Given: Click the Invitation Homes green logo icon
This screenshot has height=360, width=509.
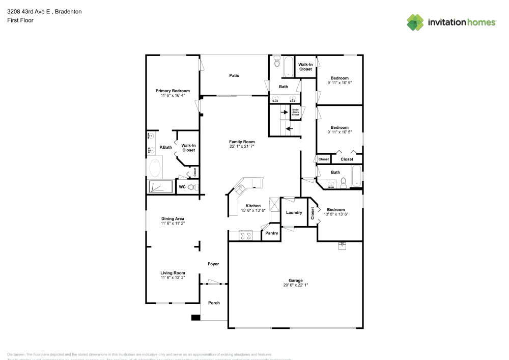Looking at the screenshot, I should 415,22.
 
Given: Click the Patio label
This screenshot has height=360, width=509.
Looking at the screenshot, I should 234,75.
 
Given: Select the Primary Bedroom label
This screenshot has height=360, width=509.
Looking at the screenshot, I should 173,91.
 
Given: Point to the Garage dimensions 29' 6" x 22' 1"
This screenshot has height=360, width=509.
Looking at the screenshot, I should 296,285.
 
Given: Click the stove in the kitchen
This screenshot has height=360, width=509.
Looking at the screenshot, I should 246,236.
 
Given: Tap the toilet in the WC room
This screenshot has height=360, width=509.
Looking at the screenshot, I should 191,187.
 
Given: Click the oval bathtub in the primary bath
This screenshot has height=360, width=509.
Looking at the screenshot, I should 155,168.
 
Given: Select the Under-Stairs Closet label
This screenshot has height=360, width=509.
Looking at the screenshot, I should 295,112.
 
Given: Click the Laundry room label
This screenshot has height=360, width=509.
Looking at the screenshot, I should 294,212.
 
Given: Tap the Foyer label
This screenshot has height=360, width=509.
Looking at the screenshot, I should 213,264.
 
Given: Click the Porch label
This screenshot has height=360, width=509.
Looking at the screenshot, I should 214,302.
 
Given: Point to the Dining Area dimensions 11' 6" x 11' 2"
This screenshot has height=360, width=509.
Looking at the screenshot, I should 173,224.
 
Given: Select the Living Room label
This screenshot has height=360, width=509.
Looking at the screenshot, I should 173,272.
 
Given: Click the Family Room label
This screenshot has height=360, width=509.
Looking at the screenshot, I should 242,142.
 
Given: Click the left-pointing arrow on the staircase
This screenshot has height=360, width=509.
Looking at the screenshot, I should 289,129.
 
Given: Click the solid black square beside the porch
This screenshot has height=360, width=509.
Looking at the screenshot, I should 195,318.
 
